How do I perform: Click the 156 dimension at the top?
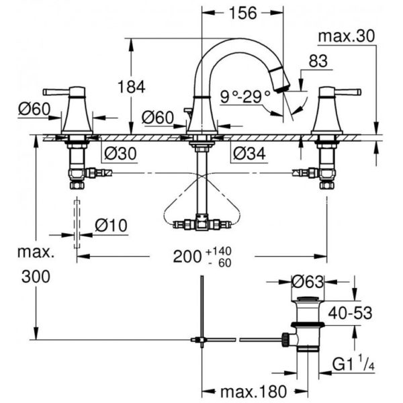242,13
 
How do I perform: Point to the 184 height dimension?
132,87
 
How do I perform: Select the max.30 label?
347,36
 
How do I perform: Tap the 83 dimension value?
318,61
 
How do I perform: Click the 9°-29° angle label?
245,97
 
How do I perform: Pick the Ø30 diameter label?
120,153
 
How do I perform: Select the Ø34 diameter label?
249,153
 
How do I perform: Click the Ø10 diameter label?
111,226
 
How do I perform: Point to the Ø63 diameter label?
308,281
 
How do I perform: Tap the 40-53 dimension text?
351,313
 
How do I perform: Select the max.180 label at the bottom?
253,392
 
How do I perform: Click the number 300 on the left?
36,277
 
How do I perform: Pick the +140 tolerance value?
218,251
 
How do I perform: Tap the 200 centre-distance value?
187,257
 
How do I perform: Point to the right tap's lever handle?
347,92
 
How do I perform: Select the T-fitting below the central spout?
201,222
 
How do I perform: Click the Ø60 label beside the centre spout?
158,118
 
